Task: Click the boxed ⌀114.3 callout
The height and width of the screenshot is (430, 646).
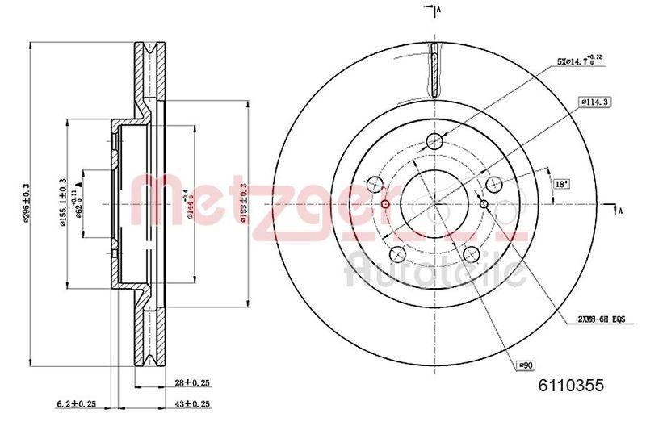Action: [594, 102]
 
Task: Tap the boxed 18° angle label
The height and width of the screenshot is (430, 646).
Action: [560, 184]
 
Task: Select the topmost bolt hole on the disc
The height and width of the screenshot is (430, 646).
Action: [434, 142]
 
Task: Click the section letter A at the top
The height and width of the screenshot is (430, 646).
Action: [438, 10]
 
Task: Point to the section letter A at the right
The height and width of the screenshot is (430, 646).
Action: [620, 211]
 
